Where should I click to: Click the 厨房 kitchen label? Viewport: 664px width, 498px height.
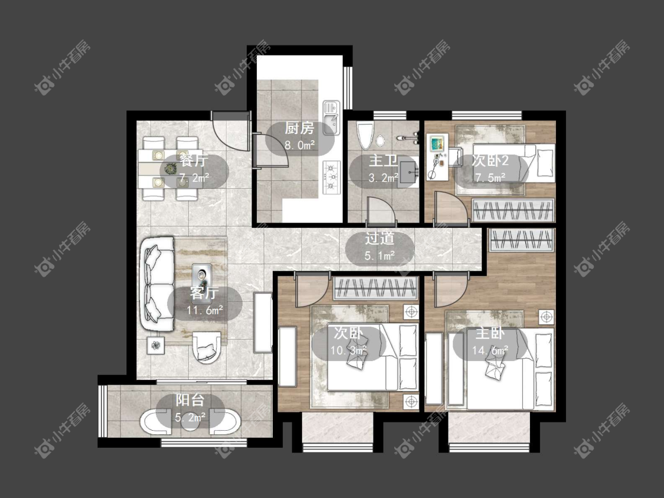click(x=299, y=128)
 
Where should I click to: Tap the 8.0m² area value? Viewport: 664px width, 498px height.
click(x=299, y=145)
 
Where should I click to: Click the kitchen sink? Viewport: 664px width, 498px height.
click(x=331, y=117)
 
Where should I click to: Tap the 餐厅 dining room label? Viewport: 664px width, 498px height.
click(x=194, y=160)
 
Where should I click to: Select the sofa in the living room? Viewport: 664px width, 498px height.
click(x=157, y=284)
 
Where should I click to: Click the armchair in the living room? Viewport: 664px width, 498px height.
click(x=207, y=348)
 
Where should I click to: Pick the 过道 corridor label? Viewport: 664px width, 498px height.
click(x=380, y=238)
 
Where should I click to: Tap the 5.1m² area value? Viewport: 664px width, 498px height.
click(x=380, y=255)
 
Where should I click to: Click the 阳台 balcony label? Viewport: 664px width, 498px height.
click(x=190, y=400)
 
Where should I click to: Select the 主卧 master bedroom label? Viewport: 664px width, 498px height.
click(x=490, y=333)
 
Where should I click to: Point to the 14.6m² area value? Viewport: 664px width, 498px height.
click(x=490, y=350)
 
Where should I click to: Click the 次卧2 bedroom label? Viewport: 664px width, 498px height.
click(x=490, y=160)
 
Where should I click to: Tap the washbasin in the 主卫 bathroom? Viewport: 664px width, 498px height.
click(x=408, y=171)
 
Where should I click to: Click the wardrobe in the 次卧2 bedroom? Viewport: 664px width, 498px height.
click(x=513, y=210)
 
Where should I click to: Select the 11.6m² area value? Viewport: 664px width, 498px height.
click(x=205, y=310)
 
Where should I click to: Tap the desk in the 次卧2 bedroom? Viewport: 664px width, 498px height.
click(x=439, y=157)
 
